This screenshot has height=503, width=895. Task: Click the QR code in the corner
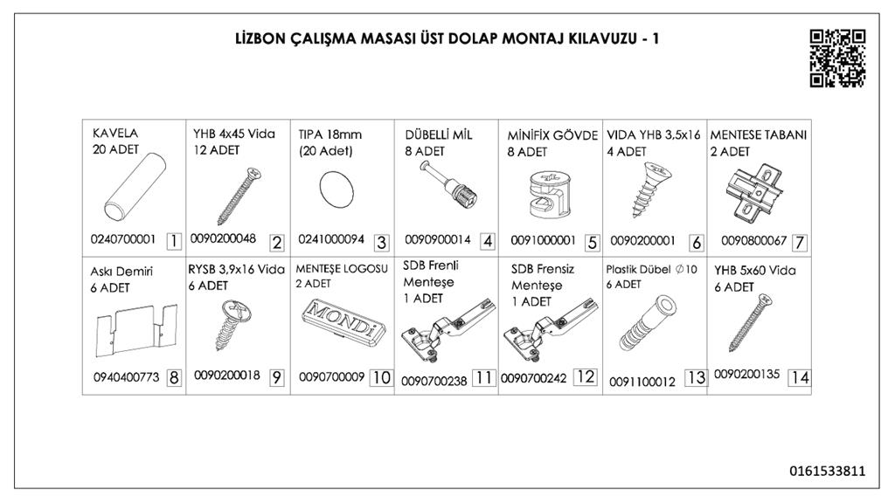(x=837, y=59)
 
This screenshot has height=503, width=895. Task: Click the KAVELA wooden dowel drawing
(x=135, y=186)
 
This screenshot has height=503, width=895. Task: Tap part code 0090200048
(x=223, y=238)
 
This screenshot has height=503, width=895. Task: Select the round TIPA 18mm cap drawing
(x=336, y=191)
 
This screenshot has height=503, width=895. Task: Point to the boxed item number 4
(x=488, y=241)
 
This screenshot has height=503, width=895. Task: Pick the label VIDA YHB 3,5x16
(x=654, y=135)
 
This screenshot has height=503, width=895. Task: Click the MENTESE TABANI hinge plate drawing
(x=754, y=194)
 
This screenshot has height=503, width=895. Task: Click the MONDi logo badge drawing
(x=343, y=323)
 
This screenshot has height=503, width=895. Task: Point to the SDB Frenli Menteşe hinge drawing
(x=447, y=332)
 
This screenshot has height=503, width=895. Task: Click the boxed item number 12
(x=586, y=377)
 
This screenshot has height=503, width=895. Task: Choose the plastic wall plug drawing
(x=648, y=323)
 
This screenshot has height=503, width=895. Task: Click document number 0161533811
(x=828, y=471)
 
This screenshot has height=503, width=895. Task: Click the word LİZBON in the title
(x=260, y=38)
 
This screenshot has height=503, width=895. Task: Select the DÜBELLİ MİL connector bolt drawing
(x=448, y=186)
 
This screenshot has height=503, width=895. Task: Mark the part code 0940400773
(x=126, y=377)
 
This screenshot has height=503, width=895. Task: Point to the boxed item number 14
(x=799, y=377)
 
